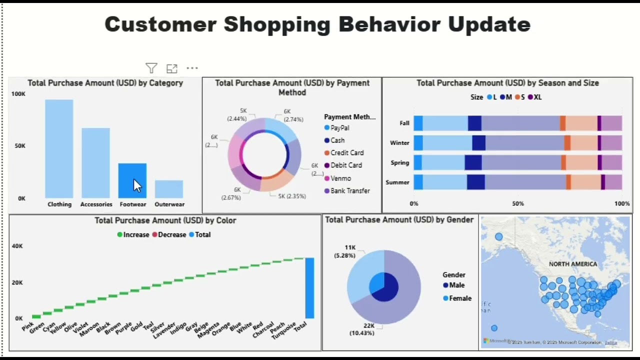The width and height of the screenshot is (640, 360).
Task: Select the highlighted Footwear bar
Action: click(132, 180)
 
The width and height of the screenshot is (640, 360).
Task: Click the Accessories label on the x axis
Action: click(96, 204)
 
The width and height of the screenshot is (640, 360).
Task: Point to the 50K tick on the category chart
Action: click(19, 146)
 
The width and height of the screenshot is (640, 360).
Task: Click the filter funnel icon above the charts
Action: click(151, 68)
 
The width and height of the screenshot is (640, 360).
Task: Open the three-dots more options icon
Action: click(192, 68)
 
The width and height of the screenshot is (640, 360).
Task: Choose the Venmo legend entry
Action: click(340, 178)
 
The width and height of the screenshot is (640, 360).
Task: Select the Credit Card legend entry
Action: click(346, 153)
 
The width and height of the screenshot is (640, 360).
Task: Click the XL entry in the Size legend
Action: click(537, 97)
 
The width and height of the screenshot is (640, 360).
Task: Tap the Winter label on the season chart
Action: click(399, 142)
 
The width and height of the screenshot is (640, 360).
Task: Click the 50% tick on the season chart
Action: click(518, 203)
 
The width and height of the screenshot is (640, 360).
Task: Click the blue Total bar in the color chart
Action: click(309, 288)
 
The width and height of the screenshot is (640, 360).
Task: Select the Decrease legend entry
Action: click(171, 234)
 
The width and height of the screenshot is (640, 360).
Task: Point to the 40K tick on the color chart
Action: click(17, 246)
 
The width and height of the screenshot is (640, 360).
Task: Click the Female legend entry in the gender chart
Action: click(460, 298)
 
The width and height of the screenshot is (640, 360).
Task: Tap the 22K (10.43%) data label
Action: click(362, 329)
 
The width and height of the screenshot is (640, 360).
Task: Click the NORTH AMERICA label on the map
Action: click(573, 264)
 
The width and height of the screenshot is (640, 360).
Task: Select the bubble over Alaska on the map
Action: click(498, 236)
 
